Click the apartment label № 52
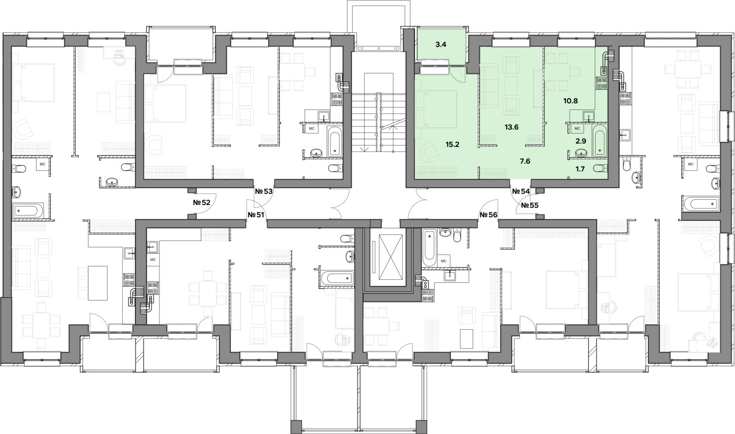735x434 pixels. pyautogui.click(x=201, y=203)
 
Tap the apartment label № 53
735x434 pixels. pyautogui.click(x=264, y=192)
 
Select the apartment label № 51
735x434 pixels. pyautogui.click(x=256, y=215)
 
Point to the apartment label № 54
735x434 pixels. pyautogui.click(x=521, y=192)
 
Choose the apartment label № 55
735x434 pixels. pyautogui.click(x=530, y=205)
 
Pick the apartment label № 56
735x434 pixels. pyautogui.click(x=489, y=215)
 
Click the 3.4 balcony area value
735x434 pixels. pyautogui.click(x=441, y=45)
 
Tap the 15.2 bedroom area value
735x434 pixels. pyautogui.click(x=452, y=144)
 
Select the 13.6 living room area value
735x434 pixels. pyautogui.click(x=512, y=127)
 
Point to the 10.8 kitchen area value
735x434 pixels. pyautogui.click(x=571, y=101)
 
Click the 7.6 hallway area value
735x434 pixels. pyautogui.click(x=525, y=161)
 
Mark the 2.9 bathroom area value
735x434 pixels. pyautogui.click(x=581, y=141)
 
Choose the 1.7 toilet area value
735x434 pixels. pyautogui.click(x=580, y=169)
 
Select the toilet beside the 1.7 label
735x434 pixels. pyautogui.click(x=600, y=169)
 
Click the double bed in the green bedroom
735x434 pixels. pyautogui.click(x=436, y=109)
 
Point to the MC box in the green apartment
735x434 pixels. pyautogui.click(x=577, y=129)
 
